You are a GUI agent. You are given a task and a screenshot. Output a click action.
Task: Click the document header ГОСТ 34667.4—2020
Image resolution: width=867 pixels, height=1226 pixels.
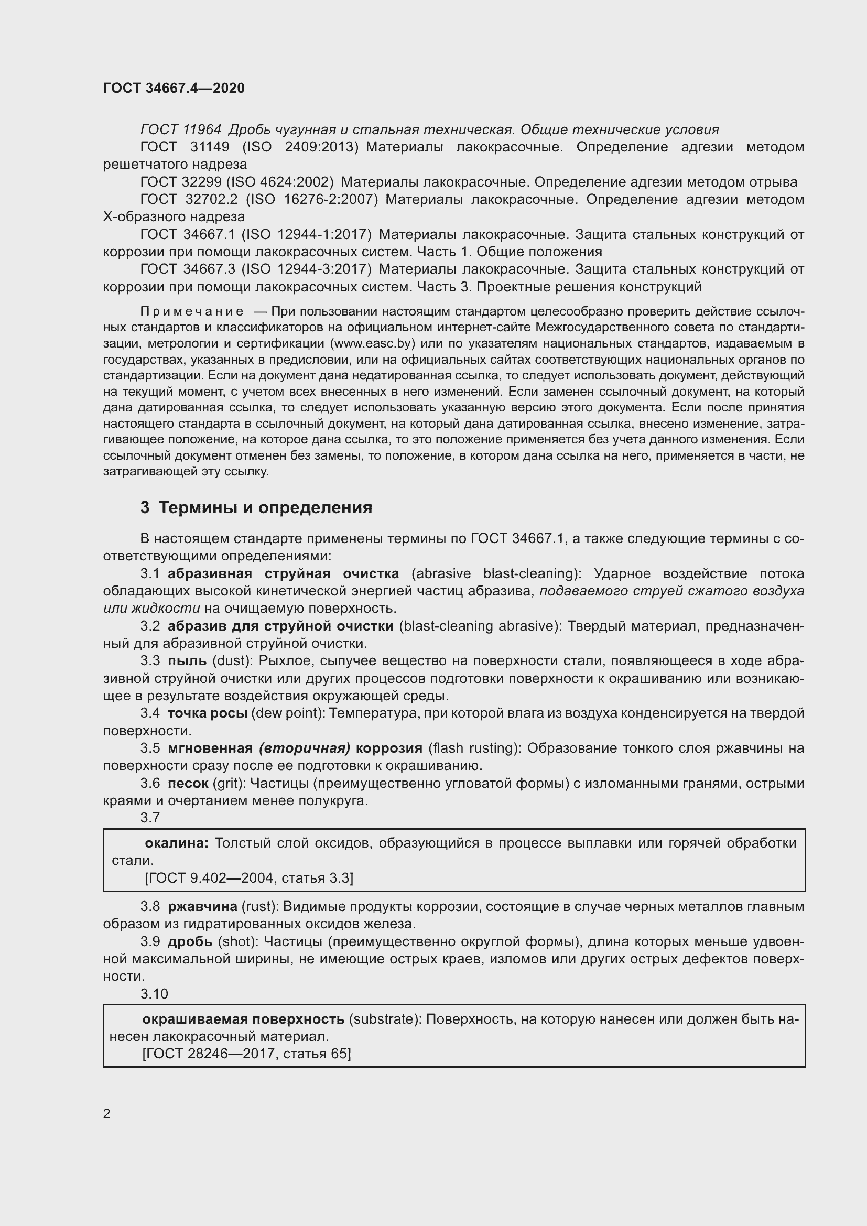(x=174, y=88)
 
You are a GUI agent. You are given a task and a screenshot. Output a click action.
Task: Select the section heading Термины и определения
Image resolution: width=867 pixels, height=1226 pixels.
(x=265, y=507)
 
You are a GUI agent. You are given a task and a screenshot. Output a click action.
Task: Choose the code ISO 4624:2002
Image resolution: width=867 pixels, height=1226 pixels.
(x=280, y=182)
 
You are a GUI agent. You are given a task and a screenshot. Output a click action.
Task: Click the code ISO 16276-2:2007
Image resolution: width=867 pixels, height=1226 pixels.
(x=312, y=200)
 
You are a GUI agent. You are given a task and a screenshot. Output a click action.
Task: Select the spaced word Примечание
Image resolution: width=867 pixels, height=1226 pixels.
(x=192, y=311)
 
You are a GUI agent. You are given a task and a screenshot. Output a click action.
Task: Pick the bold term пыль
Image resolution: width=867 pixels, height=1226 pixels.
(x=187, y=660)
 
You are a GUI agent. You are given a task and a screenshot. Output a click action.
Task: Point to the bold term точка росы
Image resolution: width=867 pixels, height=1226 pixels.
(x=207, y=713)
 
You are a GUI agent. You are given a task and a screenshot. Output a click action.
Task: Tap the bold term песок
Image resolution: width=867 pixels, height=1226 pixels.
(x=188, y=783)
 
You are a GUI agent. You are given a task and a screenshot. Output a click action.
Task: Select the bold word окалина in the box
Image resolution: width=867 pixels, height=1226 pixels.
(x=176, y=843)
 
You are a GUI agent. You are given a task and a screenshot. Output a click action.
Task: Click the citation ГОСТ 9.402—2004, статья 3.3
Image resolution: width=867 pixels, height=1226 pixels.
(x=249, y=878)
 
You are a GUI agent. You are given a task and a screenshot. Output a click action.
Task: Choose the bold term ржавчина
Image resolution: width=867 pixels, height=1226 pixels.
(x=202, y=906)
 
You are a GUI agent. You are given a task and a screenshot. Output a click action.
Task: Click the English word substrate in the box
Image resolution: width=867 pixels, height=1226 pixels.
(x=385, y=1019)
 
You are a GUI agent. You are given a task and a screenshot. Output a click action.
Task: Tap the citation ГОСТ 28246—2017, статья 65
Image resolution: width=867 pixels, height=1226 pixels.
(x=247, y=1054)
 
